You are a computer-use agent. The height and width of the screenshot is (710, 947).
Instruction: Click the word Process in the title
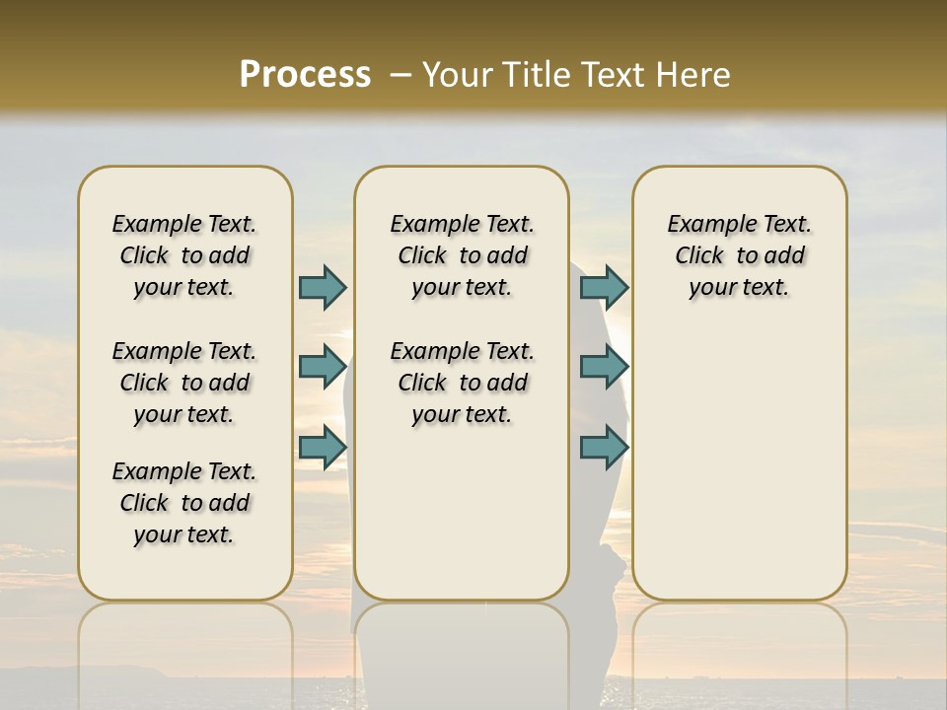(305, 74)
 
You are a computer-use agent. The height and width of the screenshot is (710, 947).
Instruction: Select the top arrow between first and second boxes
(323, 287)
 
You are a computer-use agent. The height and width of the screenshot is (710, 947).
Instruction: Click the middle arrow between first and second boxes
(323, 367)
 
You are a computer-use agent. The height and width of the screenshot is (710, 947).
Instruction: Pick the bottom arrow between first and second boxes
(323, 448)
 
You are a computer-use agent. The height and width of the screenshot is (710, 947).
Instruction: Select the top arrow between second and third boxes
(604, 287)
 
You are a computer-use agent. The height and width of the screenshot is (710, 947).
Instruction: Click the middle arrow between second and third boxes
(604, 367)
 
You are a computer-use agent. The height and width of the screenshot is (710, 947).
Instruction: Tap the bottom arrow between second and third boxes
(604, 448)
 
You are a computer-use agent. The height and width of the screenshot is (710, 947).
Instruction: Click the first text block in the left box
(184, 255)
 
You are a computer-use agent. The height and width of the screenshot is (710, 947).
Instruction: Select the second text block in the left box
(184, 383)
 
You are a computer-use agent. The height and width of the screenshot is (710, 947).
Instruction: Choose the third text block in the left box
(184, 503)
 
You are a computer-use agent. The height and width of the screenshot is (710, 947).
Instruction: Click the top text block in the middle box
(462, 255)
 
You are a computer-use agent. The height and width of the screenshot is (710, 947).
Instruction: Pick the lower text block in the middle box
(462, 383)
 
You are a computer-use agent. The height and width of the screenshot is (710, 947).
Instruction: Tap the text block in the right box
(740, 255)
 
